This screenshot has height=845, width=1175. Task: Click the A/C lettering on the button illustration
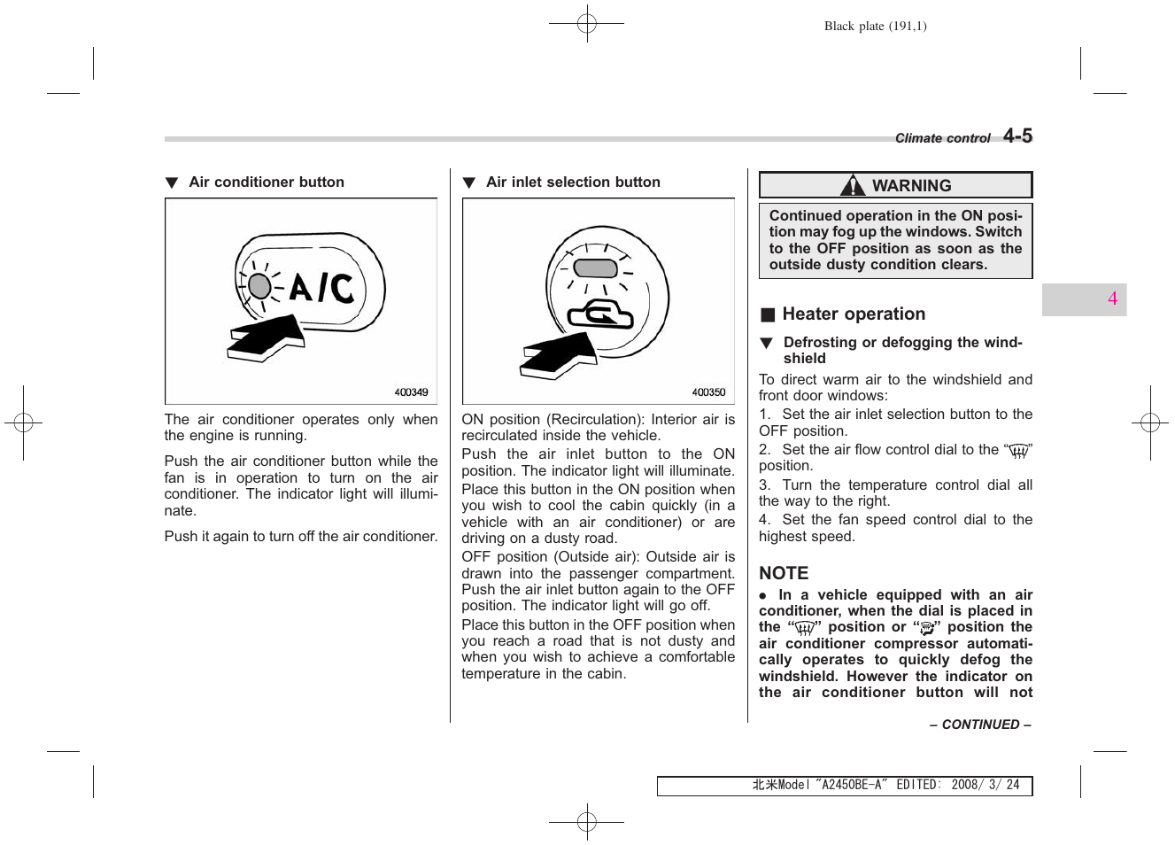[x=321, y=287]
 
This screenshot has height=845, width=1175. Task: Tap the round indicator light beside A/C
[x=259, y=285]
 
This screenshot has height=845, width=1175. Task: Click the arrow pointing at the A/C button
[x=266, y=337]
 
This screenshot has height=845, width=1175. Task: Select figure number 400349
[x=411, y=392]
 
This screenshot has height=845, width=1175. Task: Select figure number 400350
[x=708, y=392]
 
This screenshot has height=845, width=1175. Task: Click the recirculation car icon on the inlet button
[x=600, y=314]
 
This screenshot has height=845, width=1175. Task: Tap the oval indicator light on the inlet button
[x=595, y=267]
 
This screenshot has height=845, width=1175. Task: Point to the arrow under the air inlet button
[x=559, y=355]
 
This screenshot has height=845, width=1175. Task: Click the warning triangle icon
[x=853, y=185]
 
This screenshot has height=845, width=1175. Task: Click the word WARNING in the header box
[x=911, y=186]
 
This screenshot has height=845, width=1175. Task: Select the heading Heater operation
[x=853, y=314]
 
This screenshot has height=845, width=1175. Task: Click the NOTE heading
[x=784, y=573]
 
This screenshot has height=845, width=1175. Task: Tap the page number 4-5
[x=1017, y=136]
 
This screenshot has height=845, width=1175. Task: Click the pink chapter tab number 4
[x=1112, y=299]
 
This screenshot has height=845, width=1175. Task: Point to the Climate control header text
[x=942, y=138]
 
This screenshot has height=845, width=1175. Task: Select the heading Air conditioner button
[x=266, y=182]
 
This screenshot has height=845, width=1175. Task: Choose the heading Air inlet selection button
[x=573, y=182]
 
